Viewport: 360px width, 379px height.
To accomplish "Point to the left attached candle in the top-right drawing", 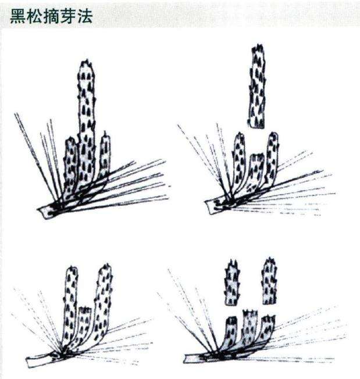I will (239, 160).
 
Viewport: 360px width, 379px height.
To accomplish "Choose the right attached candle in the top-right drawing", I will (272, 157).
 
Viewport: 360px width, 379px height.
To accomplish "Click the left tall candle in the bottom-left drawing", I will (71, 302).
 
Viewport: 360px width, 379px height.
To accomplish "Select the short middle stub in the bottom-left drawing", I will (85, 326).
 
